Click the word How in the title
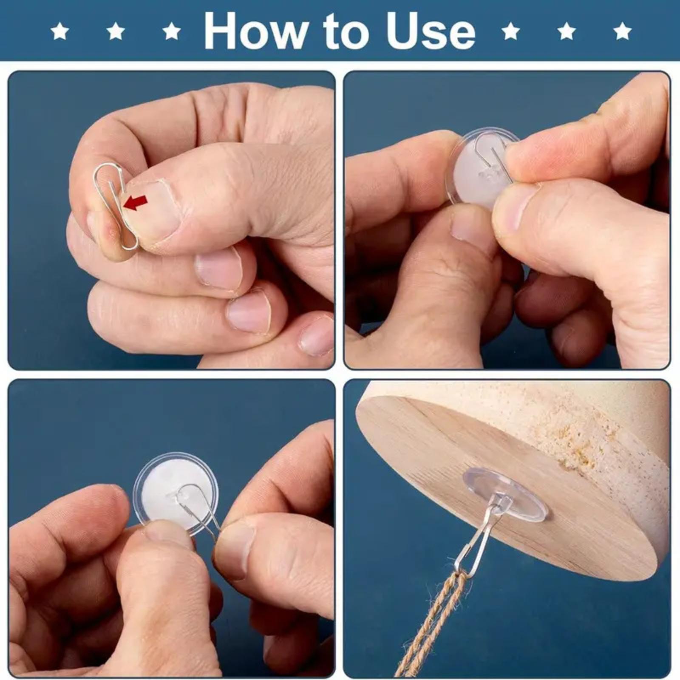point(256,31)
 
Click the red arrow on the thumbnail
point(136,202)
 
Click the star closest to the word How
point(171,31)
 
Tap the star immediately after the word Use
point(510,31)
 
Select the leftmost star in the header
point(60,31)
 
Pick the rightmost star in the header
point(622,31)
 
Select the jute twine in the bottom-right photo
point(429,625)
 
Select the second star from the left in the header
point(116,31)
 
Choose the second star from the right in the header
point(566,31)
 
